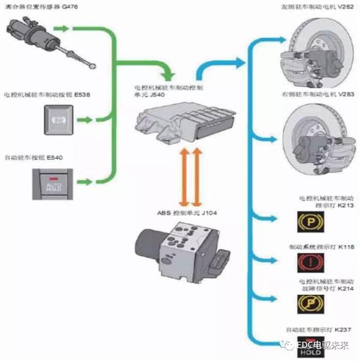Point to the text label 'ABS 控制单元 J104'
(180, 213)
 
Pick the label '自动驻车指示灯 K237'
(316, 330)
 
